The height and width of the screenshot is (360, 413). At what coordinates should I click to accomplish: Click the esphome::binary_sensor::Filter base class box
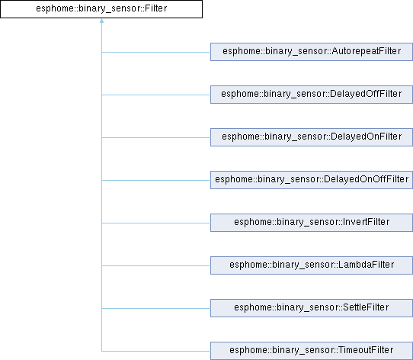[x=101, y=9]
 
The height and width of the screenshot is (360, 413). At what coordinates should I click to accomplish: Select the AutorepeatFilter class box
[x=312, y=52]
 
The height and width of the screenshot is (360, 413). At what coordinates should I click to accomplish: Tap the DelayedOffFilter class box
[x=312, y=95]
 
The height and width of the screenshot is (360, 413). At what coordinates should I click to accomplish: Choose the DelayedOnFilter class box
[x=312, y=137]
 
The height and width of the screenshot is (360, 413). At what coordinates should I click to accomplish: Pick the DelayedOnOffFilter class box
[x=312, y=180]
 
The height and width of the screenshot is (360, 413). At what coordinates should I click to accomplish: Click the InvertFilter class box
[x=312, y=223]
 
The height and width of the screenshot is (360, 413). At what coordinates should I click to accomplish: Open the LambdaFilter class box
[x=312, y=265]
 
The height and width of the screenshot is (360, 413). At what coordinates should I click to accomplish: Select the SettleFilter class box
[x=312, y=308]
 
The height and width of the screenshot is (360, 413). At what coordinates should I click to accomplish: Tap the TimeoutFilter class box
[x=312, y=351]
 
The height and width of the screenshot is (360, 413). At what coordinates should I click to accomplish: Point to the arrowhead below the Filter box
[x=101, y=21]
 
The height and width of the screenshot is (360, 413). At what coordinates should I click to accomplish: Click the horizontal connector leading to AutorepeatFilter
[x=156, y=52]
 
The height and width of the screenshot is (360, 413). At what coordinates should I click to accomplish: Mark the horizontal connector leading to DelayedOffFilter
[x=156, y=95]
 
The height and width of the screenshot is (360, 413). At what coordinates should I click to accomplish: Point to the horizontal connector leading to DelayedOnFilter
[x=156, y=137]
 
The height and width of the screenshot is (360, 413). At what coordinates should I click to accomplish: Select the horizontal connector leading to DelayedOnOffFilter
[x=156, y=181]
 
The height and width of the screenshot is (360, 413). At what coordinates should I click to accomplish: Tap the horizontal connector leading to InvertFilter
[x=156, y=223]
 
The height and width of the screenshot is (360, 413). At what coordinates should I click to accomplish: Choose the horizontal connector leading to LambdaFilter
[x=156, y=266]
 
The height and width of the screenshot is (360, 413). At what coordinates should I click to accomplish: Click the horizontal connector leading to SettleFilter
[x=156, y=308]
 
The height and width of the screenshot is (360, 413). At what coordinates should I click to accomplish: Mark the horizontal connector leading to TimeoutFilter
[x=156, y=351]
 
